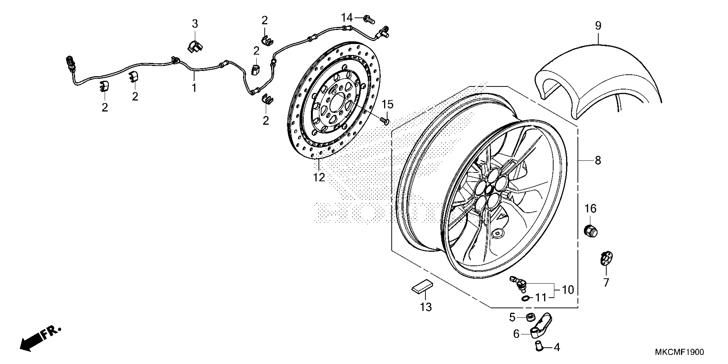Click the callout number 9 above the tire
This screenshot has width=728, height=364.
pyautogui.click(x=598, y=26)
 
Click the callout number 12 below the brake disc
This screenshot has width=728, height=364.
pyautogui.click(x=319, y=178)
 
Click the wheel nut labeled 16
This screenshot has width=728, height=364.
pyautogui.click(x=590, y=230)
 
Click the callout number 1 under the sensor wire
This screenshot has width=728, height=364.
pyautogui.click(x=194, y=88)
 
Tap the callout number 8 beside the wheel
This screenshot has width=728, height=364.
pyautogui.click(x=598, y=161)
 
